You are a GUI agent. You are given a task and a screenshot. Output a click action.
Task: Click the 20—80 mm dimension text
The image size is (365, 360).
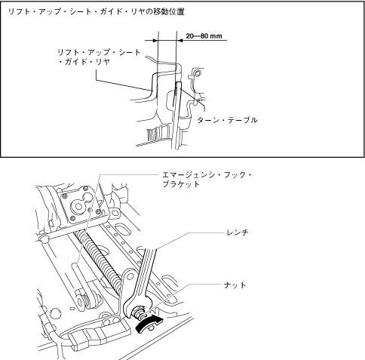pos(204,36)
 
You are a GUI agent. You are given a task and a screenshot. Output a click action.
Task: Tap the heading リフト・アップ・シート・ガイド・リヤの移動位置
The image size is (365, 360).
pos(97,11)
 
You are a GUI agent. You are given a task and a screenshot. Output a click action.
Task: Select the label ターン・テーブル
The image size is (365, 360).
pos(227,120)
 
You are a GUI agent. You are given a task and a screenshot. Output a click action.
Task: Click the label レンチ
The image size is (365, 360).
pos(238,232)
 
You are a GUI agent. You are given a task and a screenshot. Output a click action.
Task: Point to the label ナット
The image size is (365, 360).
pos(235,285)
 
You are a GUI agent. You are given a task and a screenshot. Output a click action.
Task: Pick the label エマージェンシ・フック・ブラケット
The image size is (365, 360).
pos(207,180)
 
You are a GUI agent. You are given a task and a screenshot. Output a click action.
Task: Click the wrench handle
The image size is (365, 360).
pos(146,271)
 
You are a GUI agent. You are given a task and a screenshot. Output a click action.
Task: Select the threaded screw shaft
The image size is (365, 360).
pos(99,261)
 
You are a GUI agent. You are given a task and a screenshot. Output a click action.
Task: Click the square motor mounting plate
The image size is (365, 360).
pos(80,207)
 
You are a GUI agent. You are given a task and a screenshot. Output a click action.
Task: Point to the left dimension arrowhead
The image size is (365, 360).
pos(155,40)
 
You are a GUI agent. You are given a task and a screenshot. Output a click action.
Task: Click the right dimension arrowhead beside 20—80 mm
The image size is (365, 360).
pos(180,40)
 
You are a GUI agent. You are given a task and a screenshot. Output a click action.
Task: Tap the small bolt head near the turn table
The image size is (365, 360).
pos(197,73)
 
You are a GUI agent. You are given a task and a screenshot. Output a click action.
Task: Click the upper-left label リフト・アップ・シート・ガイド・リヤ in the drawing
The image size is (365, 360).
pos(100,57)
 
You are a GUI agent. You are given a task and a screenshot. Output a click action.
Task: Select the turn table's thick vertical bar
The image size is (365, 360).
pos(177,115)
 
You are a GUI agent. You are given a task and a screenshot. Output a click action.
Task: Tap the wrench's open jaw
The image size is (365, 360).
pos(138,307)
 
